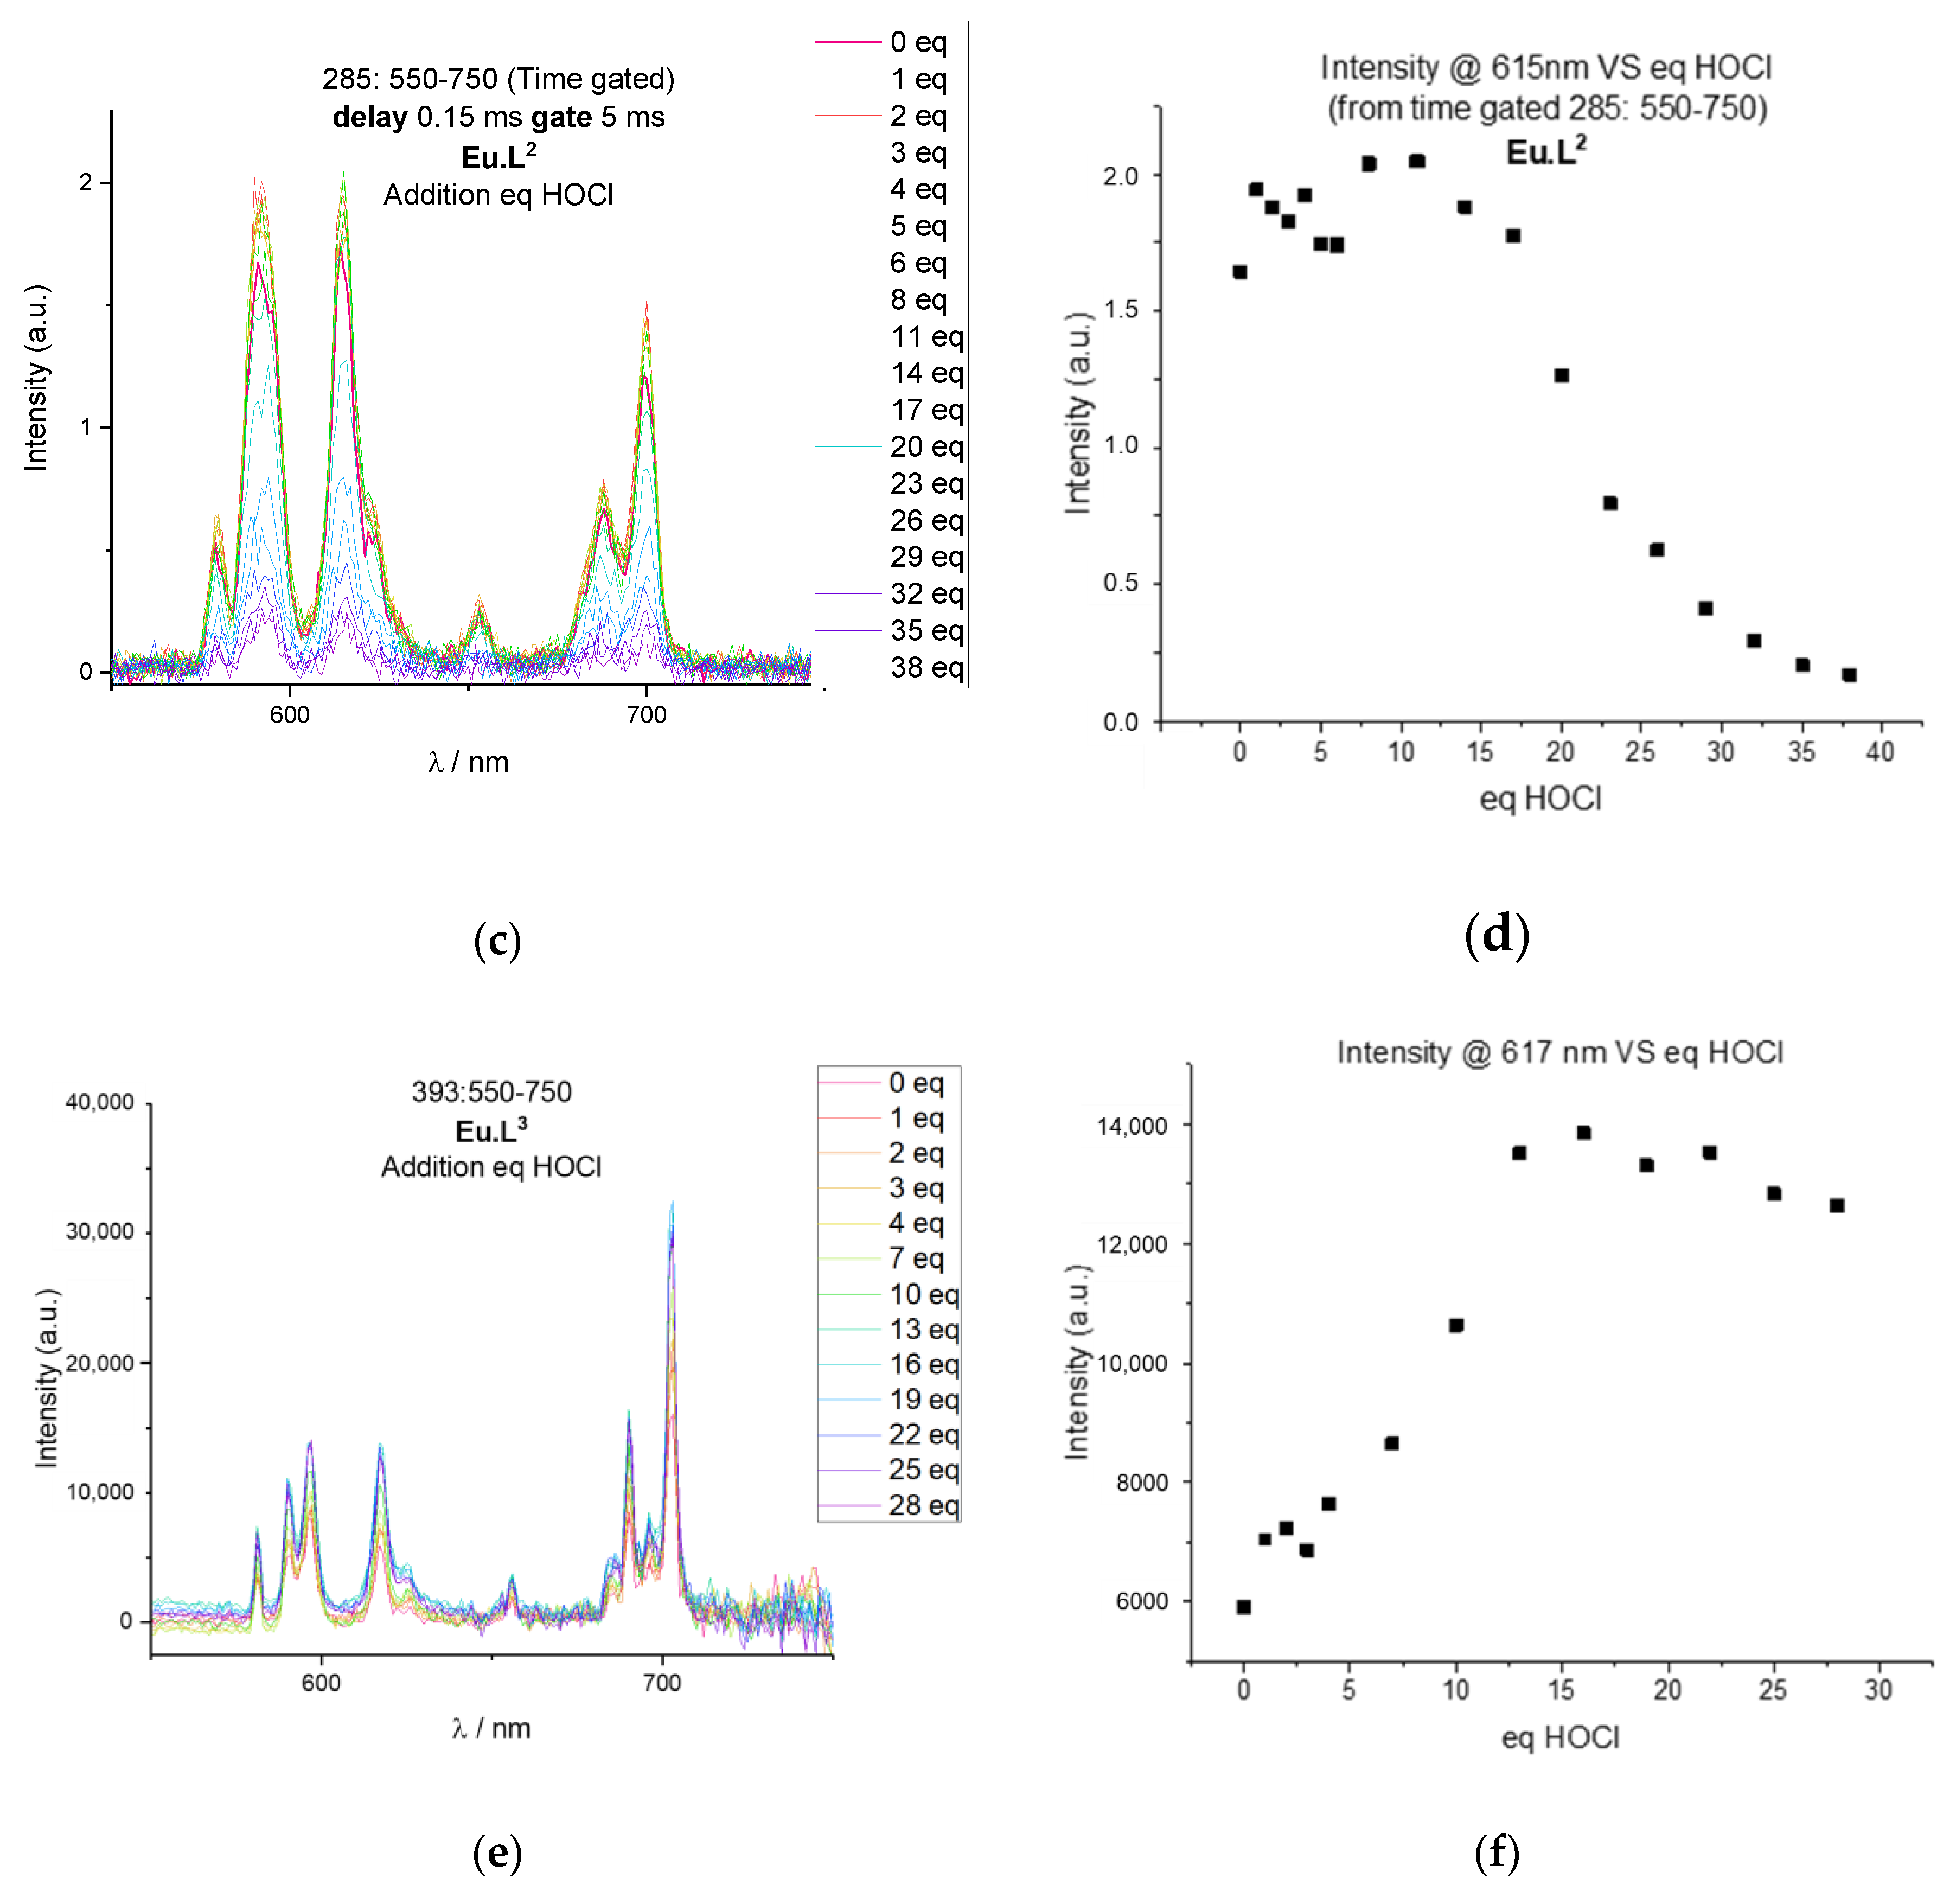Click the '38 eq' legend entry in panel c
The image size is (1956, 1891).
(x=926, y=668)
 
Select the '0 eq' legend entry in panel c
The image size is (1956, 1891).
(x=918, y=42)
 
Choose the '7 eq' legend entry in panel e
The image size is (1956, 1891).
(x=916, y=1258)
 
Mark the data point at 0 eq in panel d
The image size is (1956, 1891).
(x=1239, y=271)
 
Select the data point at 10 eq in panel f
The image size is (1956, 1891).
(x=1456, y=1325)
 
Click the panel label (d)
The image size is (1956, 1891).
(x=1497, y=935)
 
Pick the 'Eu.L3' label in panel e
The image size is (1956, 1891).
(x=491, y=1130)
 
